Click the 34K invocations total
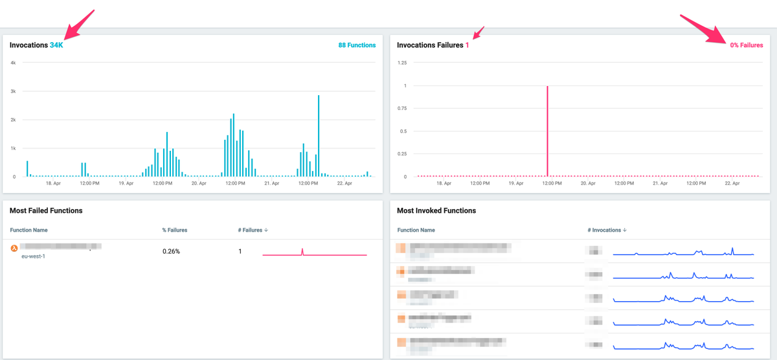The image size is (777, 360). click(x=56, y=45)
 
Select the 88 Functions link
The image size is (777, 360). click(x=357, y=45)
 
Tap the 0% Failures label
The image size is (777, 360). click(x=746, y=45)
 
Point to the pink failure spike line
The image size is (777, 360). click(x=548, y=129)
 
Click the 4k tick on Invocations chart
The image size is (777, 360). click(x=13, y=63)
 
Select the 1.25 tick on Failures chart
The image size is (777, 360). click(x=401, y=63)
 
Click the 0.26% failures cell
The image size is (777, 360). click(x=171, y=251)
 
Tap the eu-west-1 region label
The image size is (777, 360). click(x=33, y=256)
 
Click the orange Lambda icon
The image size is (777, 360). click(x=14, y=247)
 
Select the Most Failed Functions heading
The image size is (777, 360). click(x=46, y=210)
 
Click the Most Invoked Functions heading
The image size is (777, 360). click(x=436, y=210)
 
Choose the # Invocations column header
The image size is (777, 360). click(x=606, y=230)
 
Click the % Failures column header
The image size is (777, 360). click(x=175, y=230)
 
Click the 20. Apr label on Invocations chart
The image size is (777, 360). click(x=199, y=183)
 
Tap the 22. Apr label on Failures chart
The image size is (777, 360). click(x=732, y=183)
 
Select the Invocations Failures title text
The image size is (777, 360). click(x=430, y=45)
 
